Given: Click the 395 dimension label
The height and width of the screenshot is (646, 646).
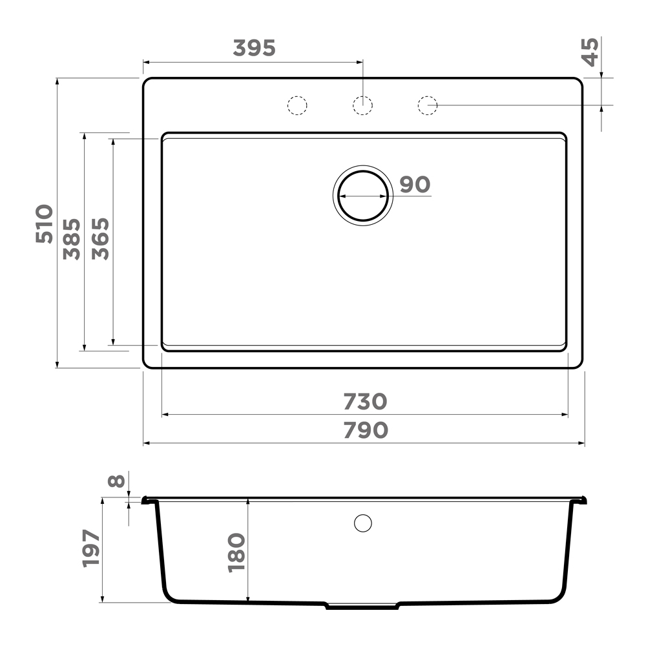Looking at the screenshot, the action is click(254, 48).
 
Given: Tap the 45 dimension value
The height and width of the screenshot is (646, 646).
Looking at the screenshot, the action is click(590, 52).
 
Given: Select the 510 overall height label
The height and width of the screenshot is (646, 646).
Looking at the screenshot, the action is click(44, 224).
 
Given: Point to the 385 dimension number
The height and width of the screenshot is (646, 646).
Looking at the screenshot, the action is click(72, 239).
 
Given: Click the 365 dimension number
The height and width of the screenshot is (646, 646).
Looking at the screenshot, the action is click(101, 239).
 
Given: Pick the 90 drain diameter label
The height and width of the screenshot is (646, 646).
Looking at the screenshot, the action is click(415, 185).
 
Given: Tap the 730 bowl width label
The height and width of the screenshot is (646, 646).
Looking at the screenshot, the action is click(366, 402).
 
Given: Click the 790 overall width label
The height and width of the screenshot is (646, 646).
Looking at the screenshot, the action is click(366, 430).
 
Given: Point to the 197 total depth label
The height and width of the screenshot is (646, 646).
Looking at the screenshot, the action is click(91, 549).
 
